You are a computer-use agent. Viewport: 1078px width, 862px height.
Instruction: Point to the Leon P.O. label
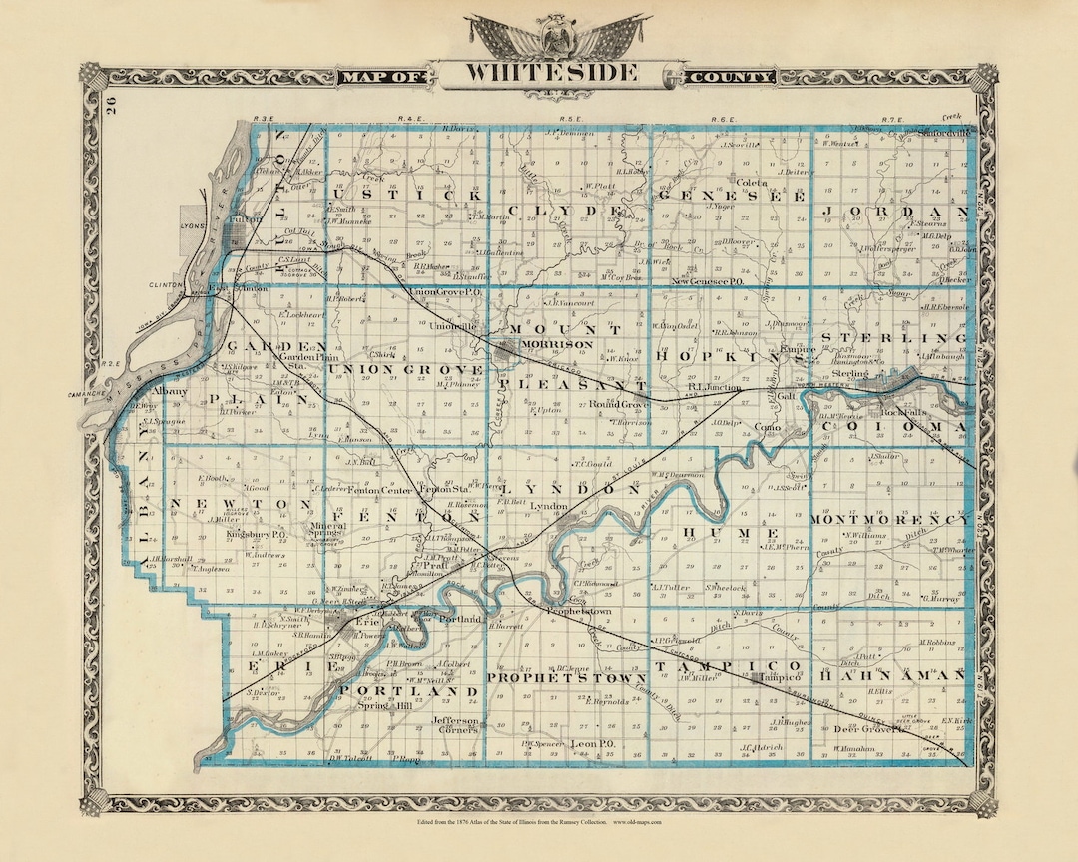590,745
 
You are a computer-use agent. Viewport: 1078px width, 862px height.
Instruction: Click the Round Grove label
618,404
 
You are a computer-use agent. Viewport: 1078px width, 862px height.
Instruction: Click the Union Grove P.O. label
446,291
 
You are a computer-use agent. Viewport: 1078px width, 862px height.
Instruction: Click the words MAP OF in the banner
382,77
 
